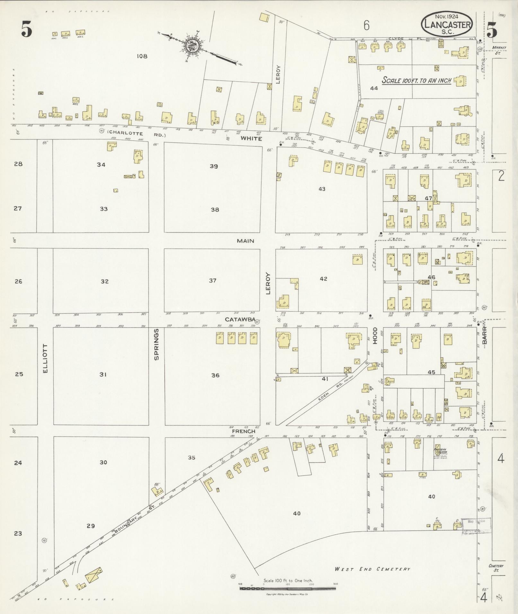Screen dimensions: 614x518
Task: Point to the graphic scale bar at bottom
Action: pyautogui.click(x=287, y=589)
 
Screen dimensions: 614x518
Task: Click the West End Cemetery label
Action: pyautogui.click(x=372, y=569)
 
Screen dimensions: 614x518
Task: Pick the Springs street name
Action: pyautogui.click(x=156, y=344)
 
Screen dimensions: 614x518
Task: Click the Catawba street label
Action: pyautogui.click(x=240, y=320)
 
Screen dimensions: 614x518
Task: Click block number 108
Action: pyautogui.click(x=142, y=56)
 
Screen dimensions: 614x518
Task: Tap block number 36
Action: pyautogui.click(x=215, y=375)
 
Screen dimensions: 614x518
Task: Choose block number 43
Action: pyautogui.click(x=322, y=189)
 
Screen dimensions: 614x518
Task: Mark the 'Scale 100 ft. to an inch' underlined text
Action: pyautogui.click(x=417, y=80)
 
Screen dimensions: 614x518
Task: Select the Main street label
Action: pyautogui.click(x=245, y=241)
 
